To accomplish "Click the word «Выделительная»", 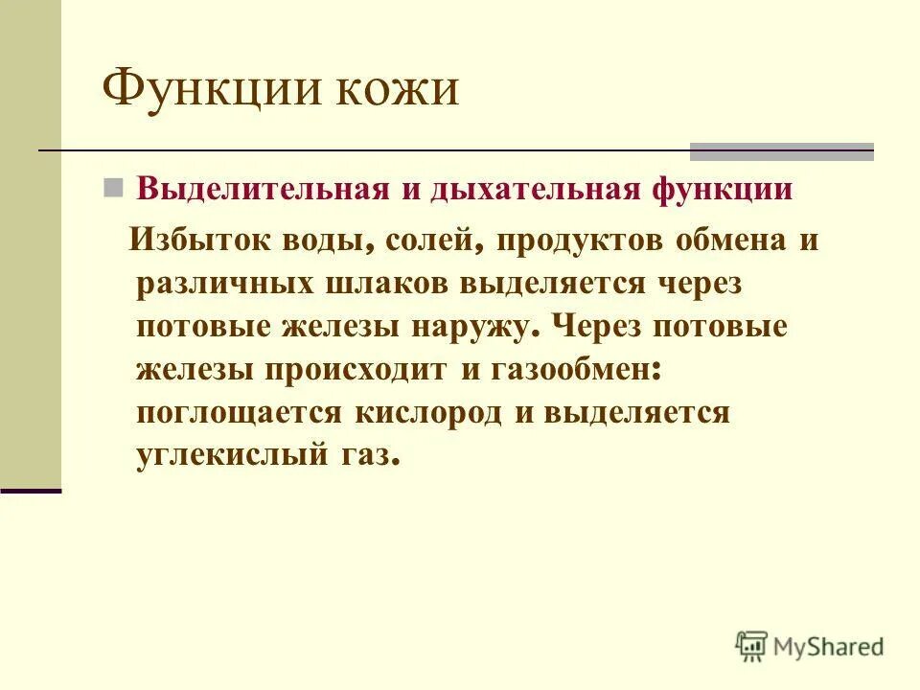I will (263, 188).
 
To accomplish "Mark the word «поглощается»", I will (239, 413).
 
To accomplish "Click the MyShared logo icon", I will (752, 646).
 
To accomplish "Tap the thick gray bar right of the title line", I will (782, 151).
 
